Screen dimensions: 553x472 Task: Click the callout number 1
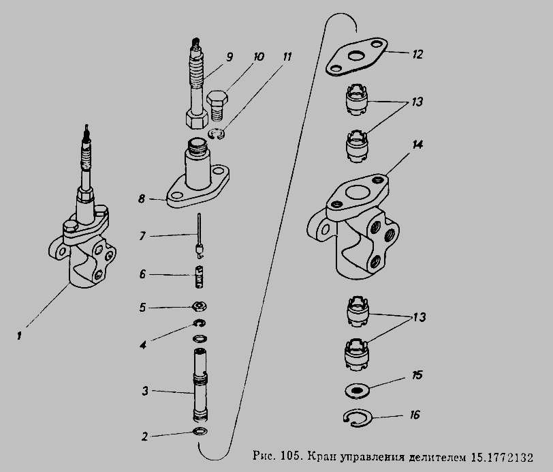click(19, 336)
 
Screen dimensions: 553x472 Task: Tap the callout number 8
click(142, 199)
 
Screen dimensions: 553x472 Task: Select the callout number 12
click(417, 54)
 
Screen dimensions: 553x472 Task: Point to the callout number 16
click(415, 415)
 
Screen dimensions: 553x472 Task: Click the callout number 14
click(417, 145)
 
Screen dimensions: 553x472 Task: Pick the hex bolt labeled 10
click(217, 104)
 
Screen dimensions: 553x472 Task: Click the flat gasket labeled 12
click(357, 56)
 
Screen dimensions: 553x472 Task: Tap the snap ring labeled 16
click(358, 419)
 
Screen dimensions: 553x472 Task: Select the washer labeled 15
click(357, 390)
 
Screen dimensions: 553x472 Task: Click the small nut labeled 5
click(199, 306)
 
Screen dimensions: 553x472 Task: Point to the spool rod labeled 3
click(200, 385)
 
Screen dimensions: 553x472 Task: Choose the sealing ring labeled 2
click(200, 431)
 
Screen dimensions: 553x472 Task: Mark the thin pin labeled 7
click(200, 235)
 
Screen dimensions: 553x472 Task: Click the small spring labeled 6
click(200, 277)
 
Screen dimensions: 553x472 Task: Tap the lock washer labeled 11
click(217, 134)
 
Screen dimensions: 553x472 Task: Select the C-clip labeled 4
click(200, 323)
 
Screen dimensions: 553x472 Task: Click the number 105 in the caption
click(291, 456)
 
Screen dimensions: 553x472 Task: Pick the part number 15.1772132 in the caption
click(502, 457)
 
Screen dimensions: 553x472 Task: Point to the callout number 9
click(230, 57)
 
